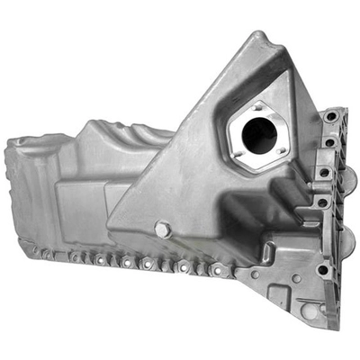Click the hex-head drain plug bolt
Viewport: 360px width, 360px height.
pos(162,230)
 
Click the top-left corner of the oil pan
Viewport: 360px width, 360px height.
pos(11,141)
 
